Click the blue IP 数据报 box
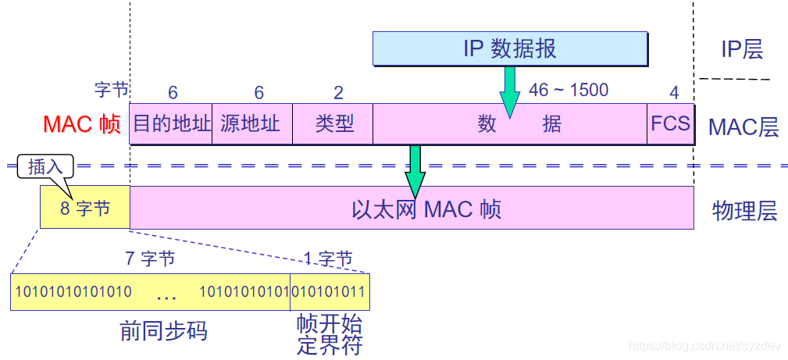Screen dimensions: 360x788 point(509,48)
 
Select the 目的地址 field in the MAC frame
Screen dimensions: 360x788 point(171,124)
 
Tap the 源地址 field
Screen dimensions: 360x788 point(251,124)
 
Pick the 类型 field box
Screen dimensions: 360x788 point(333,124)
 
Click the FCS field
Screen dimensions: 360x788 point(670,124)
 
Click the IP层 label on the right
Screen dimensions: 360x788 point(741,49)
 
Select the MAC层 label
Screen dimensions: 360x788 point(743,127)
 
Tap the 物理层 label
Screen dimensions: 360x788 point(744,211)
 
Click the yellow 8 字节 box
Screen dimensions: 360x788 point(85,208)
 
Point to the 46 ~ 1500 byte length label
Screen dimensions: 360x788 point(568,90)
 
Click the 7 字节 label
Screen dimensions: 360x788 point(150,258)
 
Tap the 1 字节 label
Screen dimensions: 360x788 point(327,258)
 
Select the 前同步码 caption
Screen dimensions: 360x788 point(164,330)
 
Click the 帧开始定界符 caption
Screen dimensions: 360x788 point(330,334)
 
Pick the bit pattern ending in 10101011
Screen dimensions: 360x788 point(330,293)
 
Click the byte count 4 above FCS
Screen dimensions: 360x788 point(674,92)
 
